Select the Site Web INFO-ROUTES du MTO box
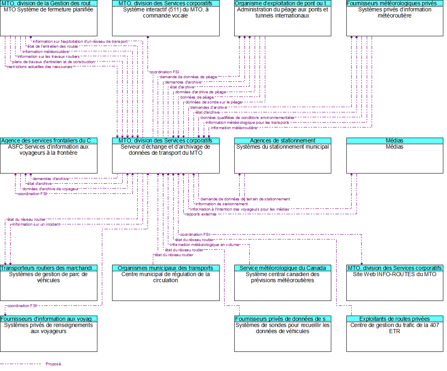[394, 285]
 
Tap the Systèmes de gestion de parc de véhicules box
[48, 285]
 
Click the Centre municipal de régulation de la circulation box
[165, 285]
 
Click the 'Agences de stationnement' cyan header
[282, 140]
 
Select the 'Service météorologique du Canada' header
[282, 268]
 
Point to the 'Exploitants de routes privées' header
[394, 319]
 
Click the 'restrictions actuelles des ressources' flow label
[40, 67]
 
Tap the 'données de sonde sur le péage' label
[214, 102]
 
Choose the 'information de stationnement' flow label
[221, 204]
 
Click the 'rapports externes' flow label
[201, 214]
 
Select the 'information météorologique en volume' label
[204, 245]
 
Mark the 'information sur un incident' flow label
[36, 224]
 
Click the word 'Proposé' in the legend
[53, 364]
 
